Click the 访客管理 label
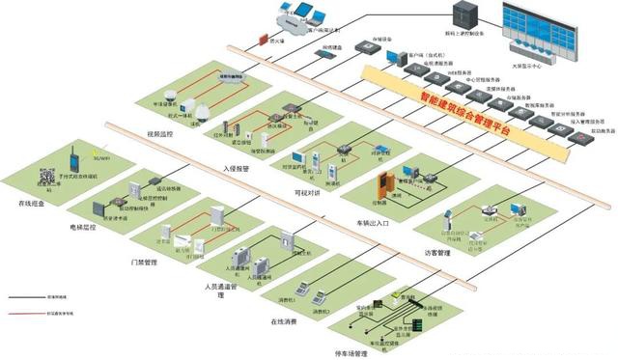click(x=436, y=253)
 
